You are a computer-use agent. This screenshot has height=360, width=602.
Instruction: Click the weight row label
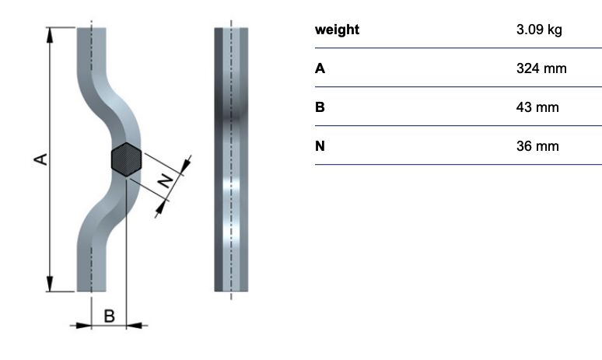[337, 30]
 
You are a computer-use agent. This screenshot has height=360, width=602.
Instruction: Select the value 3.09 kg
[539, 30]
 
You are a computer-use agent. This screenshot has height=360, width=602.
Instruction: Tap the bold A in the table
[320, 68]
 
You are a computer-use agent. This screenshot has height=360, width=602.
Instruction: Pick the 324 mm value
[541, 68]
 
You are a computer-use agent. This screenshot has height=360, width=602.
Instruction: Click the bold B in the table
[320, 107]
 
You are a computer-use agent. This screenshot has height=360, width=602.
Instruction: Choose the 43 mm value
[537, 107]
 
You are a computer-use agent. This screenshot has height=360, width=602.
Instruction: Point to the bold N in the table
[320, 146]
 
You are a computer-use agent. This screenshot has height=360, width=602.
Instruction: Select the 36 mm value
[537, 146]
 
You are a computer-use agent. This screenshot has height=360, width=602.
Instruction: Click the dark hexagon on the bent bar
[126, 159]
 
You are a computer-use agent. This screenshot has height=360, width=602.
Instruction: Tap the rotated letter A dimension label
[40, 159]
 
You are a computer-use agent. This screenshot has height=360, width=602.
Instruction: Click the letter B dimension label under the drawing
[110, 316]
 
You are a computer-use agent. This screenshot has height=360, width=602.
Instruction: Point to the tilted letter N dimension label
[166, 180]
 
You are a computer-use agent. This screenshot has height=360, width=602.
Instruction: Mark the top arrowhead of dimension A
[50, 35]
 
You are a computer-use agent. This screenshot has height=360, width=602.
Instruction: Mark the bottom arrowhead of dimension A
[50, 284]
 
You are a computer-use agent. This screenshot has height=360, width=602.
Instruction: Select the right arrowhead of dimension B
[134, 326]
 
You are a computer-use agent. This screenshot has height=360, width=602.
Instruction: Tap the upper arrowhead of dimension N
[185, 165]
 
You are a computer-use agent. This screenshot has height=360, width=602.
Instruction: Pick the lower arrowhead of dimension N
[160, 208]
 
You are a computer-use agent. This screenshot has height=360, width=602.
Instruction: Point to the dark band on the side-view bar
[231, 111]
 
